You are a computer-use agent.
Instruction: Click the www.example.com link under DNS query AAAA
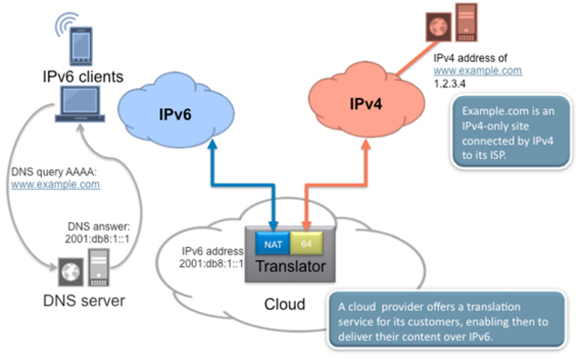[x=55, y=184]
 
